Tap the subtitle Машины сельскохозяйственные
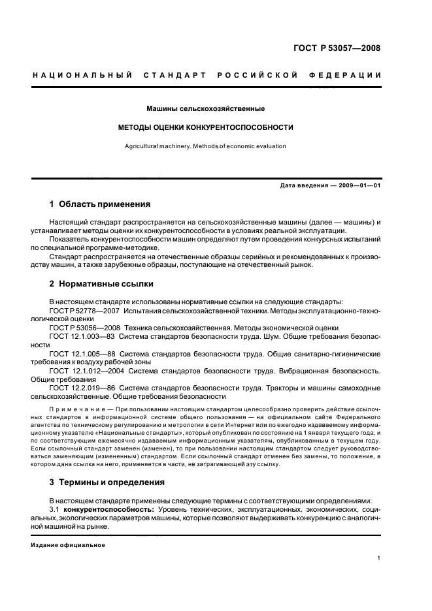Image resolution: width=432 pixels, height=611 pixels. tap(205, 108)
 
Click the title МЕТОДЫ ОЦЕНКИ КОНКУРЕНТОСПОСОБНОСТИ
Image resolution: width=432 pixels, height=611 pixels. tap(205, 127)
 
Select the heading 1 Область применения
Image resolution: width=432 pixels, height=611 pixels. tap(100, 204)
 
